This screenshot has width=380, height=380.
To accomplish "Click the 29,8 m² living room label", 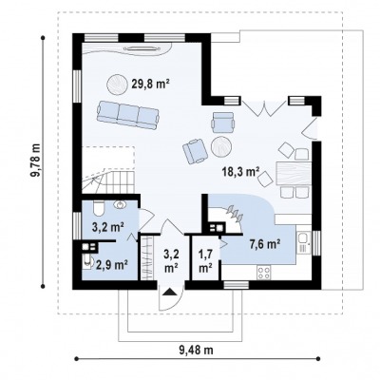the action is coord(149,84).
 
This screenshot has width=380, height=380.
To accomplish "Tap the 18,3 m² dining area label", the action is coord(241,171).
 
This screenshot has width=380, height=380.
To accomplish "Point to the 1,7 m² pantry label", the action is coord(205,260).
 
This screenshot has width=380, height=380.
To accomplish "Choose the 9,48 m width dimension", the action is coord(197,351).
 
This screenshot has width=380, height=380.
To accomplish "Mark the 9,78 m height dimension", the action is coord(37,161).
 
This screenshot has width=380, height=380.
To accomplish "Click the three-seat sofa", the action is coord(127,115).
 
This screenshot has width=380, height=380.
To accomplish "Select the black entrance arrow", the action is coord(170,292).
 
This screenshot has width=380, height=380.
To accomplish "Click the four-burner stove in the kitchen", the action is coord(264,273).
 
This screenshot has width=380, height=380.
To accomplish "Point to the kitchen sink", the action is coord(304,242).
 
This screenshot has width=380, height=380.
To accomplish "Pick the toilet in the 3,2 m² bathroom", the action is coord(99,208).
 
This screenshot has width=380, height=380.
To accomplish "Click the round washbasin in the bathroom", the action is coord(120,205).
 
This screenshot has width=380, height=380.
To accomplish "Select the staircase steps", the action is coord(109,181).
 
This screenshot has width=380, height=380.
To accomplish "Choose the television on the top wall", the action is coord(142,48).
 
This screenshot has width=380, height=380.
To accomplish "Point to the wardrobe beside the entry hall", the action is coord(146,257).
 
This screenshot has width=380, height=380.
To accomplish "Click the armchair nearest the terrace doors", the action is coord(224,123).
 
